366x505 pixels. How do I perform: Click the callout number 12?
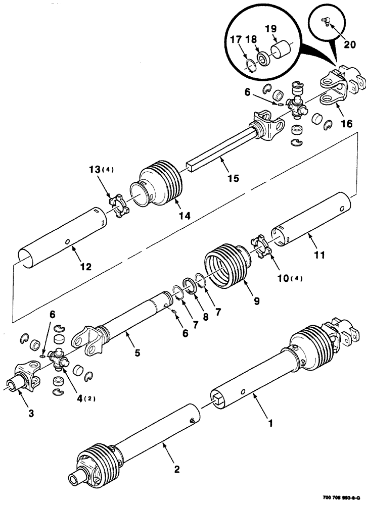coord(85,266)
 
